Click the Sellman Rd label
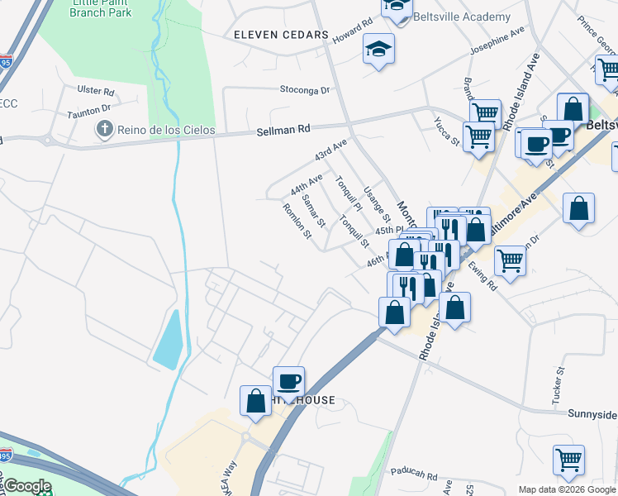[x=283, y=129]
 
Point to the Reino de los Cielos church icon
[x=104, y=129]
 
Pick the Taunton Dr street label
[x=89, y=109]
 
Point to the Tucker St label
[x=559, y=387]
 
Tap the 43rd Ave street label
[x=330, y=150]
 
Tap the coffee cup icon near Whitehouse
[x=288, y=381]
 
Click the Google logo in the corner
[x=27, y=486]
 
